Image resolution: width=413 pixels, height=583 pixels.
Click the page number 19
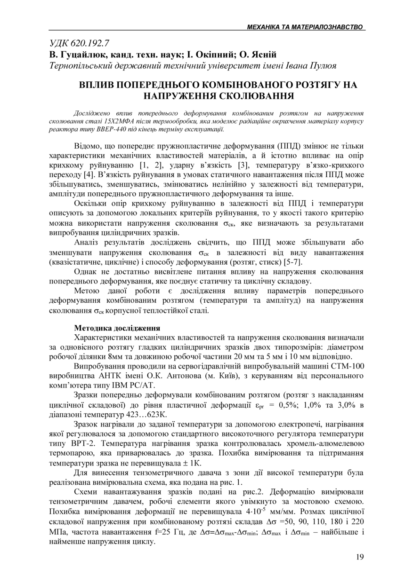pyautogui.click(x=359, y=557)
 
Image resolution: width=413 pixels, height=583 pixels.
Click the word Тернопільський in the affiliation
pyautogui.click(x=84, y=66)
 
